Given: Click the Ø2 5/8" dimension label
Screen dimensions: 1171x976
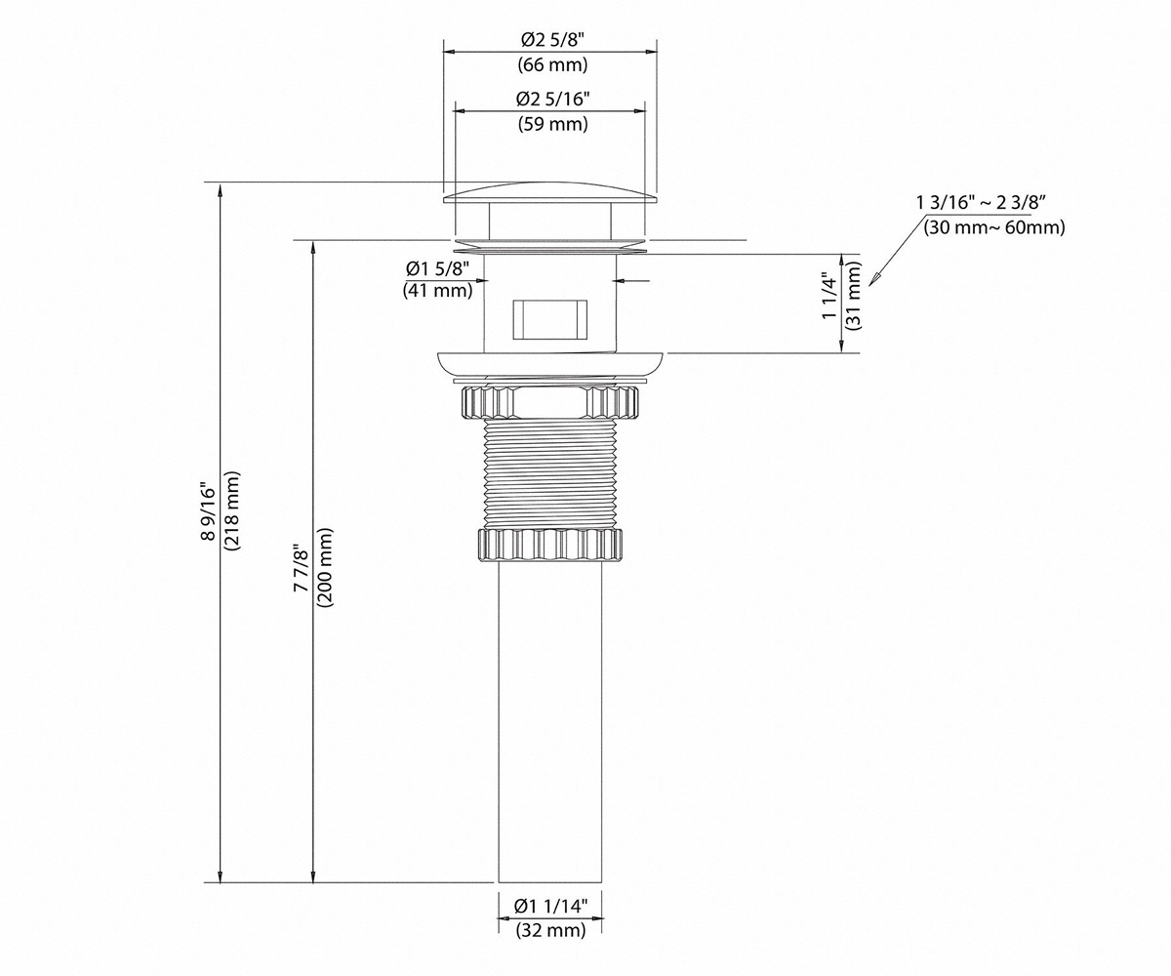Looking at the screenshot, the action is click(552, 40).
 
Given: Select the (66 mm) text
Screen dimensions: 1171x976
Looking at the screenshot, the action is click(552, 65).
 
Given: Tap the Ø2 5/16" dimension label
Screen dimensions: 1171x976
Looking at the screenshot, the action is click(553, 100).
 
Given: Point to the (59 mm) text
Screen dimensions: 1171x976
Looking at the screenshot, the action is click(553, 124).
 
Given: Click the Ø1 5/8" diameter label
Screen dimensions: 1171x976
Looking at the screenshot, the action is click(437, 268).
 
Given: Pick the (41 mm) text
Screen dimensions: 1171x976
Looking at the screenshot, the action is click(437, 291).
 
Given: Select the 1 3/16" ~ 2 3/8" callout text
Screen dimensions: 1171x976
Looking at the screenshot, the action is click(982, 203).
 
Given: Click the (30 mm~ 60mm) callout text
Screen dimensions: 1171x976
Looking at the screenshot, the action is click(994, 227).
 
